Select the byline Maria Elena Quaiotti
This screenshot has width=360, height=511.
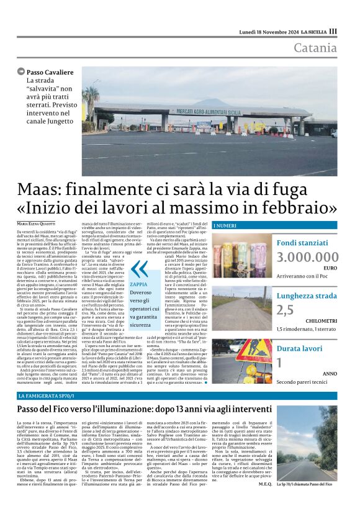(38, 223)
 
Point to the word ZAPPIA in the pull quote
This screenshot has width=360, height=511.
(138, 284)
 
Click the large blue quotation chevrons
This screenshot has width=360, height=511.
(140, 269)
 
